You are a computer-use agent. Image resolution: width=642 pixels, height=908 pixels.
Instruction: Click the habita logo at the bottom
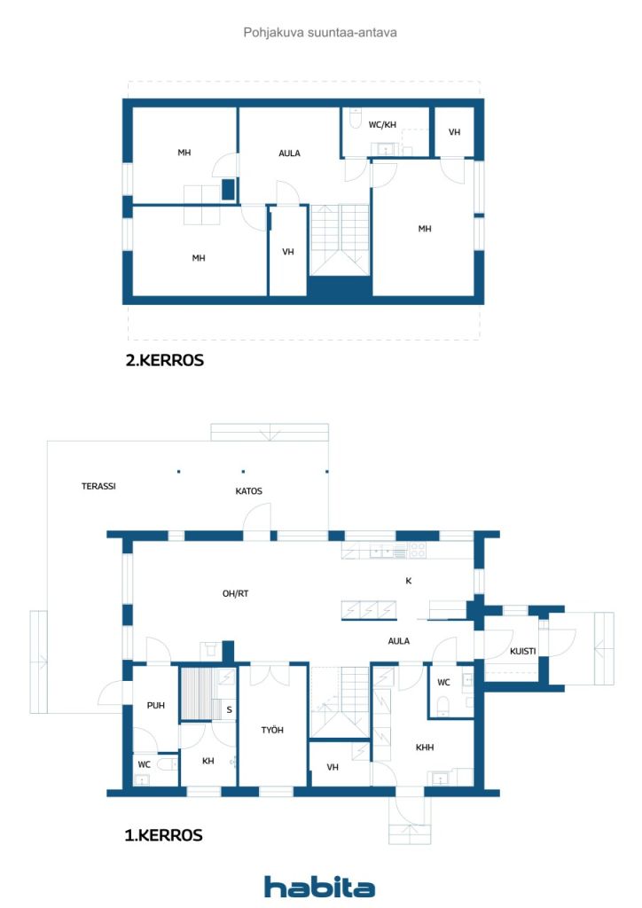(x=319, y=886)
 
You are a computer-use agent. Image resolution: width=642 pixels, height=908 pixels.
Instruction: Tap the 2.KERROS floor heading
(x=165, y=360)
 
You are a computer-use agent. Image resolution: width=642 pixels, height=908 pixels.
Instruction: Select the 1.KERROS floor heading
(x=164, y=835)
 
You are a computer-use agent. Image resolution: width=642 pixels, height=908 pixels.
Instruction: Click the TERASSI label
(x=98, y=487)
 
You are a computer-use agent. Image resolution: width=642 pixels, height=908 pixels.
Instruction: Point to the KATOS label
(x=249, y=491)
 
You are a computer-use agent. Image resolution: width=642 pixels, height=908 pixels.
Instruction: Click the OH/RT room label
(x=236, y=593)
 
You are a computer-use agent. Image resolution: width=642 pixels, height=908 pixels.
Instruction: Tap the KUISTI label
(x=523, y=652)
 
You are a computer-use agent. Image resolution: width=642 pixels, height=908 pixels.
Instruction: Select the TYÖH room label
(x=272, y=731)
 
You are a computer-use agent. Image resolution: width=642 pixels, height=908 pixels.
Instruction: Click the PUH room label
(x=156, y=705)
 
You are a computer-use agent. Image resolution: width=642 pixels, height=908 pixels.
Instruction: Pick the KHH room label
(x=425, y=748)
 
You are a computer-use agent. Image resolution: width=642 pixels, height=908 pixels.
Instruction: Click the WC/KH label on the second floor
(x=383, y=124)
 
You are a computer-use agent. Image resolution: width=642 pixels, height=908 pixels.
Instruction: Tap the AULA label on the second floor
(x=289, y=153)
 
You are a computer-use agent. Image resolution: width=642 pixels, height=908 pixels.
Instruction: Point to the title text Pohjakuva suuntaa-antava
(x=320, y=33)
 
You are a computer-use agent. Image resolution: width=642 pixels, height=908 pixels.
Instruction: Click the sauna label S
(x=230, y=710)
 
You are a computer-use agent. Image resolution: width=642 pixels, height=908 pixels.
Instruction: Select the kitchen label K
(x=409, y=581)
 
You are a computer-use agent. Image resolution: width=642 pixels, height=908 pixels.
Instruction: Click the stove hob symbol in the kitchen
(x=418, y=550)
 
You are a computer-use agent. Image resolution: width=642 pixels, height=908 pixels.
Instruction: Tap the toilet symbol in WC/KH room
(x=356, y=120)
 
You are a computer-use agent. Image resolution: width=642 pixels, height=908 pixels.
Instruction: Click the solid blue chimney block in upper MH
(x=229, y=190)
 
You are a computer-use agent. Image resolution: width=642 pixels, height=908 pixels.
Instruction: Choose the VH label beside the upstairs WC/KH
(x=454, y=133)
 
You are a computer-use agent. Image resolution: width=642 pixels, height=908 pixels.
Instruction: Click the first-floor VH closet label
(x=333, y=767)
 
